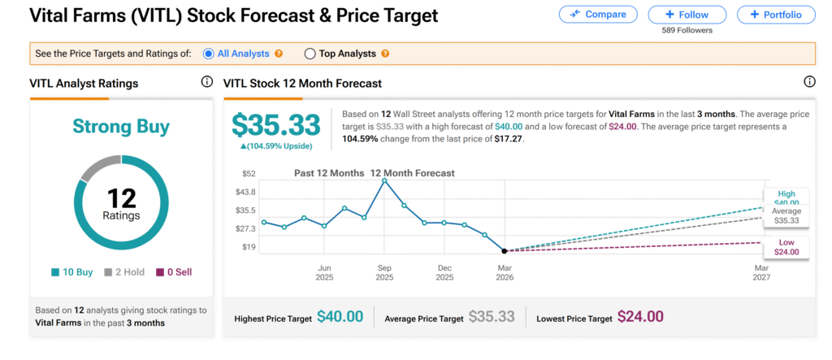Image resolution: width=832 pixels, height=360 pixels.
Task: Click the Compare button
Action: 597,15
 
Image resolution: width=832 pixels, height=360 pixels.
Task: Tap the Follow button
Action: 687,15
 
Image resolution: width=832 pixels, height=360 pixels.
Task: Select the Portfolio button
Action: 776,15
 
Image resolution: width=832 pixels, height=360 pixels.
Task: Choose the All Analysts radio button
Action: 209,54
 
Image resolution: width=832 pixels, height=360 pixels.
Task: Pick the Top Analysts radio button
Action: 310,54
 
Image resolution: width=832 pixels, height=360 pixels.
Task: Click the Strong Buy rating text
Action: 121,126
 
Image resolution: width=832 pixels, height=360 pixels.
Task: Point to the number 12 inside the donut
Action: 121,197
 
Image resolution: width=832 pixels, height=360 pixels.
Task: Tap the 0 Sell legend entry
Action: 174,272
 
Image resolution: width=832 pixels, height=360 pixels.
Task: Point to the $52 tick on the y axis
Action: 248,174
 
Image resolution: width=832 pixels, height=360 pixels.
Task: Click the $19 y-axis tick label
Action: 248,246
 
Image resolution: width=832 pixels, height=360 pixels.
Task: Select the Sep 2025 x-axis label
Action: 384,272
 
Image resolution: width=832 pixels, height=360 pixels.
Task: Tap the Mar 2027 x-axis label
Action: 761,272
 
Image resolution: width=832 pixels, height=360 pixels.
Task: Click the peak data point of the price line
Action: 384,180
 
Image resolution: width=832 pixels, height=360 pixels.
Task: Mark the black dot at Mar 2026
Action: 505,251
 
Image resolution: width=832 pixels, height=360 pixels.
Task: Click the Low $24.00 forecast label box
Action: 786,247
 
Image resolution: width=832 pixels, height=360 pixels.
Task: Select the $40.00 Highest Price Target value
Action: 340,317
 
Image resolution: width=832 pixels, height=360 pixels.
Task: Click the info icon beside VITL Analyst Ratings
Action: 206,82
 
